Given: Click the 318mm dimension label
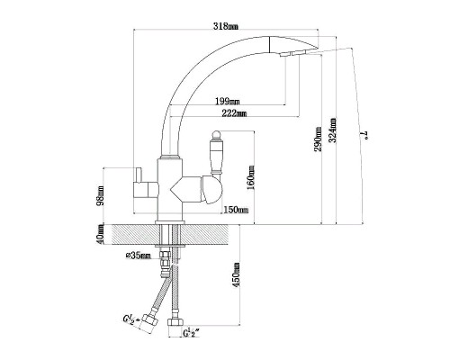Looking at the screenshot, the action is point(226,26).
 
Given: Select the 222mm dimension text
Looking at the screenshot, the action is point(234,113).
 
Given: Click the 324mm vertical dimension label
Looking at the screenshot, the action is point(333,130).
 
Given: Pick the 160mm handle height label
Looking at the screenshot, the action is point(250,177).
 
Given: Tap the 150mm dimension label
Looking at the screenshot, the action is point(236,210).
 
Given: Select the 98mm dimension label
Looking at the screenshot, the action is point(101,195).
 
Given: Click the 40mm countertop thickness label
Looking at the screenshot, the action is point(101,235).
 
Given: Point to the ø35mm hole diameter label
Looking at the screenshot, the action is point(138,256).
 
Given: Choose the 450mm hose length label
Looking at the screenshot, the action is point(237,274).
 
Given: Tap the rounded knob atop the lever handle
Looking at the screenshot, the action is point(217,134).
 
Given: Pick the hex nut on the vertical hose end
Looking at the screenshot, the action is point(175,322).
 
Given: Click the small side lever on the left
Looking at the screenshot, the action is point(139,175).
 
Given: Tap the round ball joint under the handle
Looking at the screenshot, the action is point(211,190).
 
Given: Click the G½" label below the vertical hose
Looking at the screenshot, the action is point(192,332).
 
